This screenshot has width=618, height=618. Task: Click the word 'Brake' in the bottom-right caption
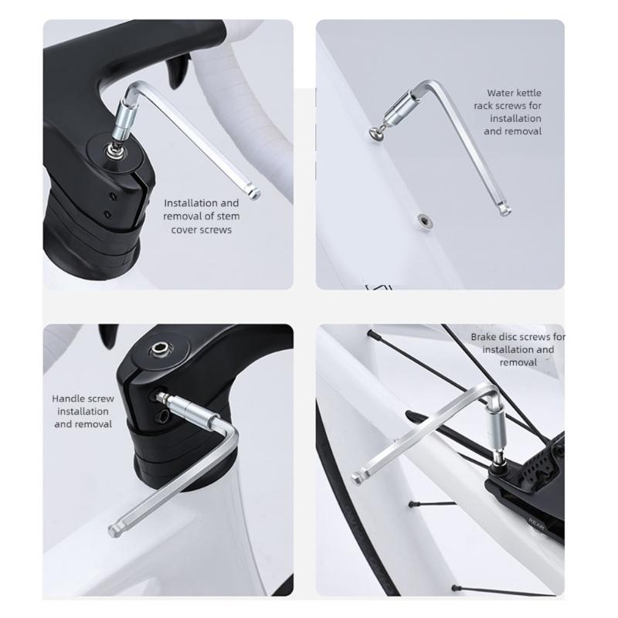coord(485,338)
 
